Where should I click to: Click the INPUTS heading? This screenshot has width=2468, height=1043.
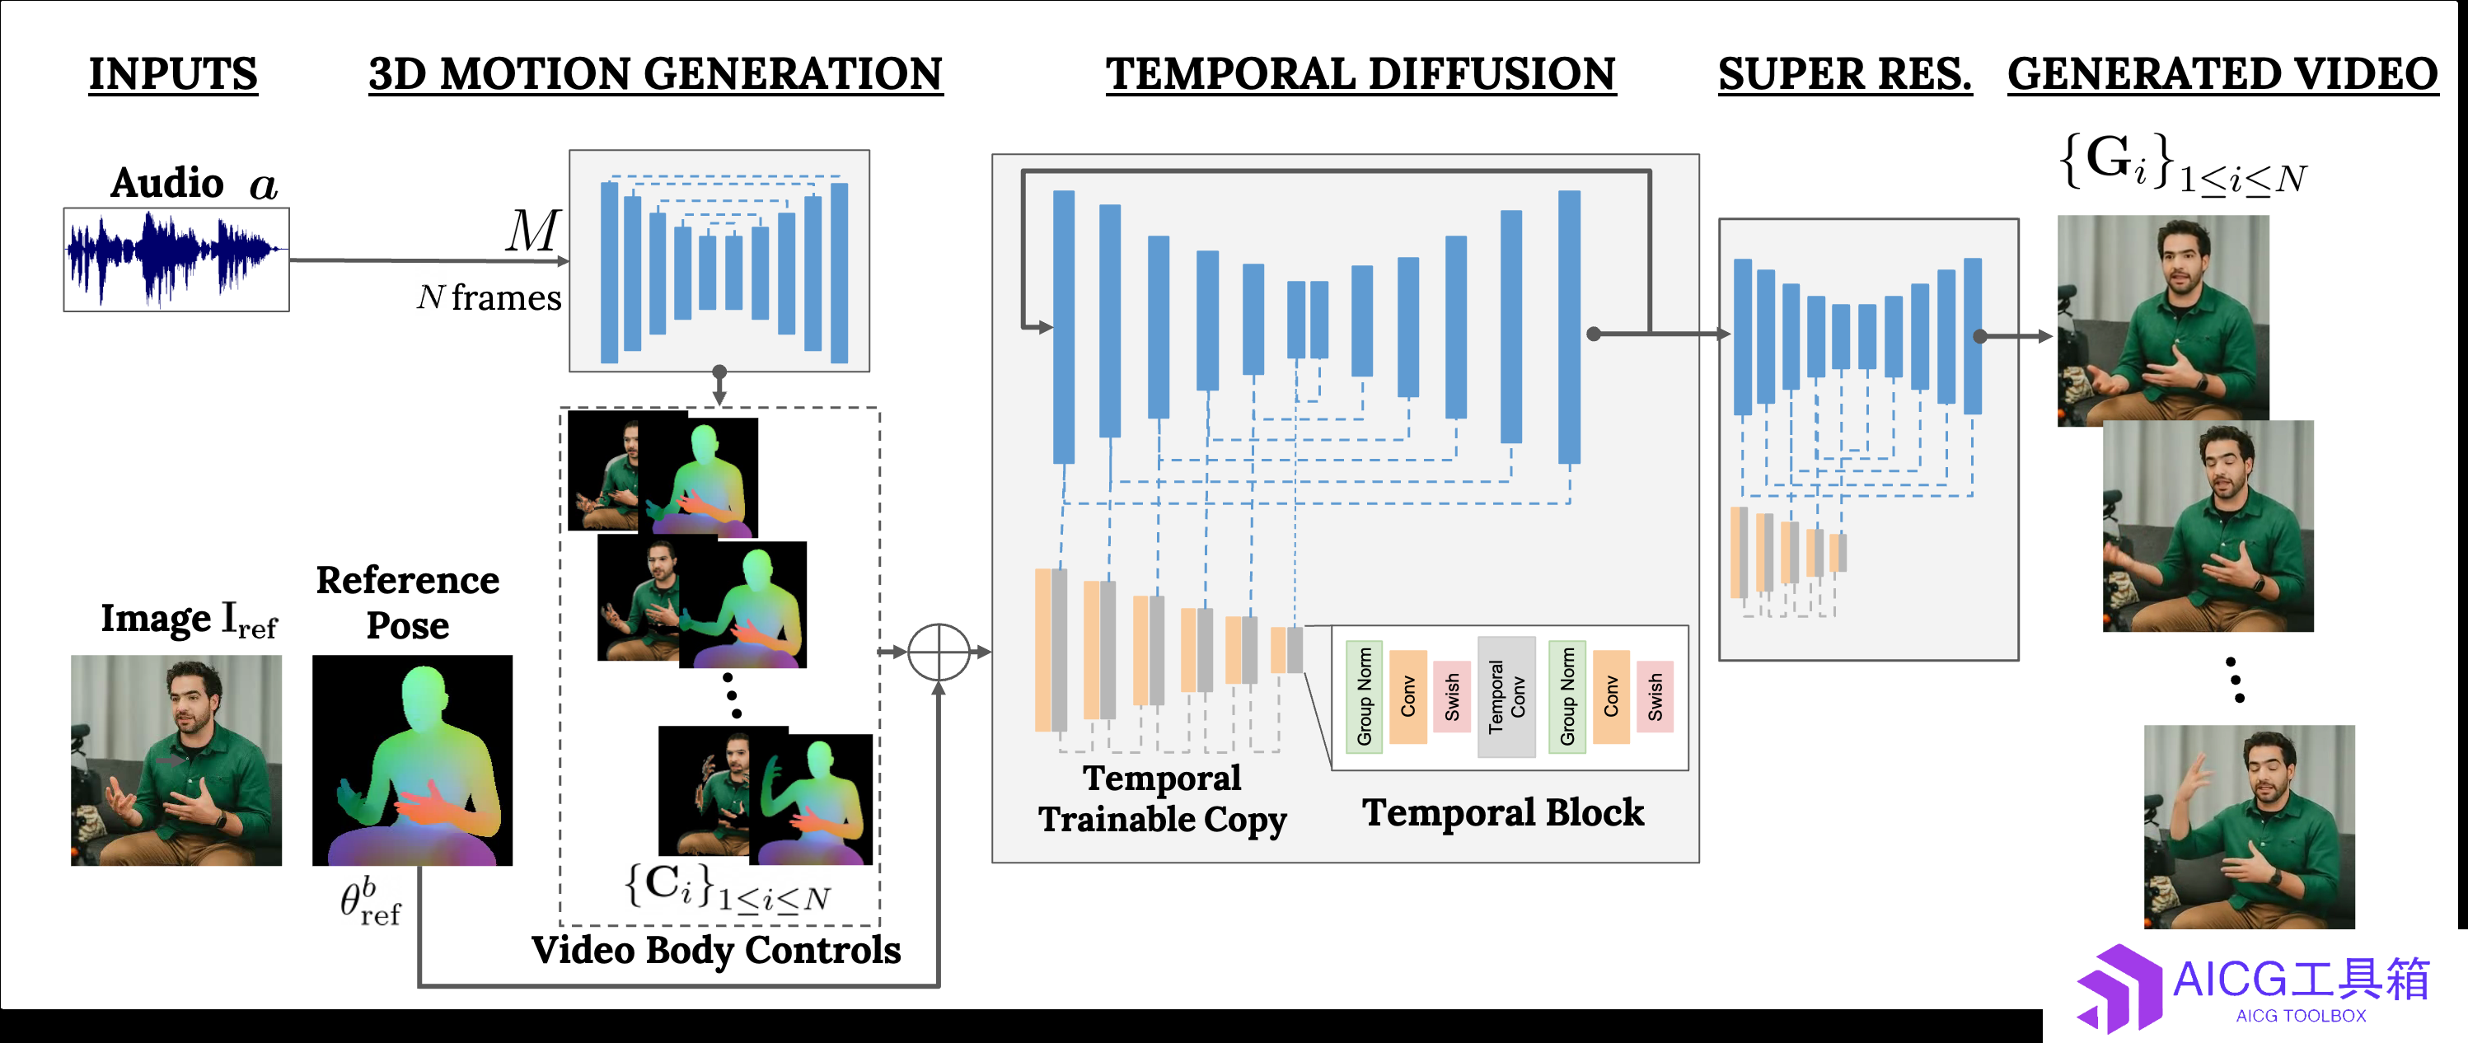click(173, 74)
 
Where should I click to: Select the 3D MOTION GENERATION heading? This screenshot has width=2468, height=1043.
click(656, 74)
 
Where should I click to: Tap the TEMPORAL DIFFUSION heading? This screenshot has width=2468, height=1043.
click(1360, 74)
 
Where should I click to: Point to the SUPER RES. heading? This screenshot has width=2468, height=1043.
click(1844, 74)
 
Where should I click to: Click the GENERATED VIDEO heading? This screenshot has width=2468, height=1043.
click(2222, 74)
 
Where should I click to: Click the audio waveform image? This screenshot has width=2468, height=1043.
click(176, 260)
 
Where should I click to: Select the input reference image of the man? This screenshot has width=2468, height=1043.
click(176, 760)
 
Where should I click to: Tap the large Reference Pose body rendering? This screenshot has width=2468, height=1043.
click(413, 760)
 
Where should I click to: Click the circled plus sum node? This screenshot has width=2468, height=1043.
click(939, 652)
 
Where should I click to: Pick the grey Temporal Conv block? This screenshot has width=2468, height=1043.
click(1506, 697)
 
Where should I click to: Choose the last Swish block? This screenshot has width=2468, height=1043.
click(1655, 696)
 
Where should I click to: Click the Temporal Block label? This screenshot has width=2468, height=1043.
click(1503, 812)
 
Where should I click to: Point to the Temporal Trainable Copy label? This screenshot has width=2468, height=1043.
click(1162, 799)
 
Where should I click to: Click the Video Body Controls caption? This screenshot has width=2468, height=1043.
click(716, 950)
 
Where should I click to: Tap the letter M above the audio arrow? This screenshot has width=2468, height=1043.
click(532, 231)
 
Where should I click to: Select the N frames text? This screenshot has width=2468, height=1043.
click(489, 298)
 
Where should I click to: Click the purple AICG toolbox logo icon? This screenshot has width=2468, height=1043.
click(2119, 989)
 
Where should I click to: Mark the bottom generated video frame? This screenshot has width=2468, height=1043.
click(2250, 826)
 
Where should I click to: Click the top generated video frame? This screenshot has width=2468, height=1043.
click(2163, 320)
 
